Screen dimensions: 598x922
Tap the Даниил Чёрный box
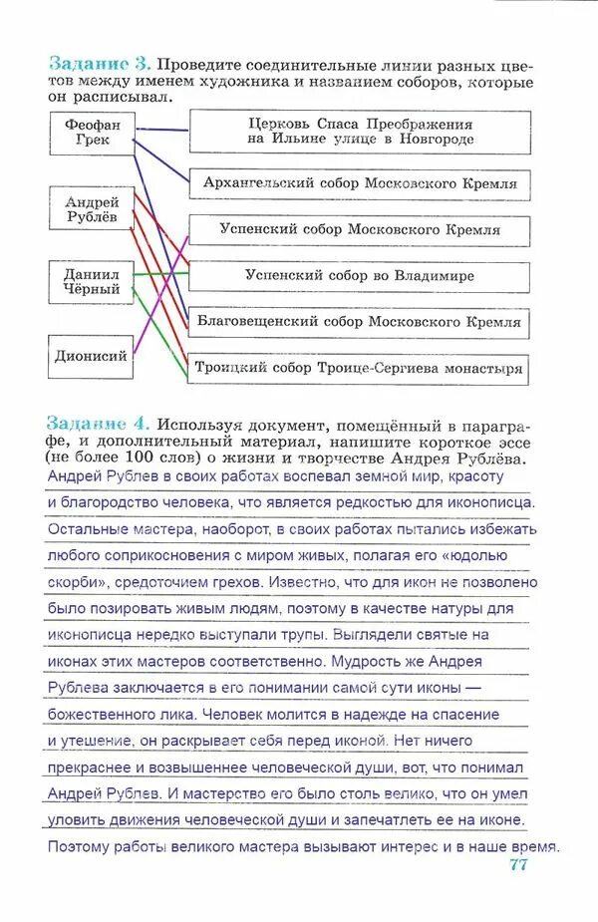coord(92,282)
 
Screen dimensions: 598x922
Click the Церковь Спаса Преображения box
coord(360,132)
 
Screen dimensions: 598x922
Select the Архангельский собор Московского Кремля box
coord(360,184)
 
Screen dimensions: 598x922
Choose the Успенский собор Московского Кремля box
coord(360,230)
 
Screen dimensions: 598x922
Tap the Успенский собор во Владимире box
coord(360,276)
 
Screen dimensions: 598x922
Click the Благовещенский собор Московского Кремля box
coord(360,323)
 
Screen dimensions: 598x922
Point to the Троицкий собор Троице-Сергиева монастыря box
coord(360,368)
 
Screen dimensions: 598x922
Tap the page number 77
coord(517,865)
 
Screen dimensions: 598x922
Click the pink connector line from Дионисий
coord(159,299)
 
